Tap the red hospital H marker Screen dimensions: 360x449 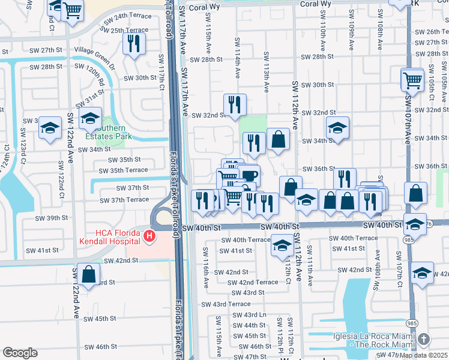click(148, 238)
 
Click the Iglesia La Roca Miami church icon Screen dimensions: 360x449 click(424, 339)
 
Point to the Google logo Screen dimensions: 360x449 click(20, 353)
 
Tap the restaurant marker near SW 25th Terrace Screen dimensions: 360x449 click(134, 43)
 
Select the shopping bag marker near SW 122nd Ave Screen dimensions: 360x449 click(88, 274)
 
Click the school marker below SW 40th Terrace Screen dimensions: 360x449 click(282, 244)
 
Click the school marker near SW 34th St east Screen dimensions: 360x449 click(337, 127)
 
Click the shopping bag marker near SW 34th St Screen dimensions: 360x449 click(278, 139)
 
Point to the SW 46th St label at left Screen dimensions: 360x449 click(100, 347)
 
